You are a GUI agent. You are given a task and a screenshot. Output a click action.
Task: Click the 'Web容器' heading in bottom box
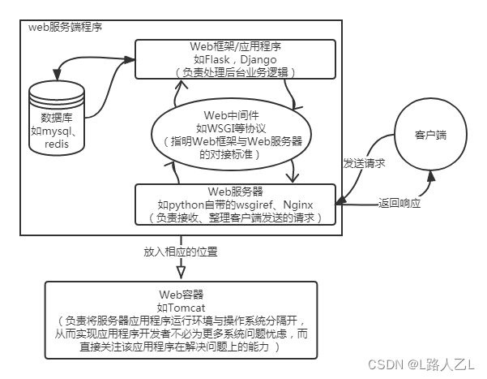182,294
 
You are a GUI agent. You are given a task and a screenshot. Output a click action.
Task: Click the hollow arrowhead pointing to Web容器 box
182,269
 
